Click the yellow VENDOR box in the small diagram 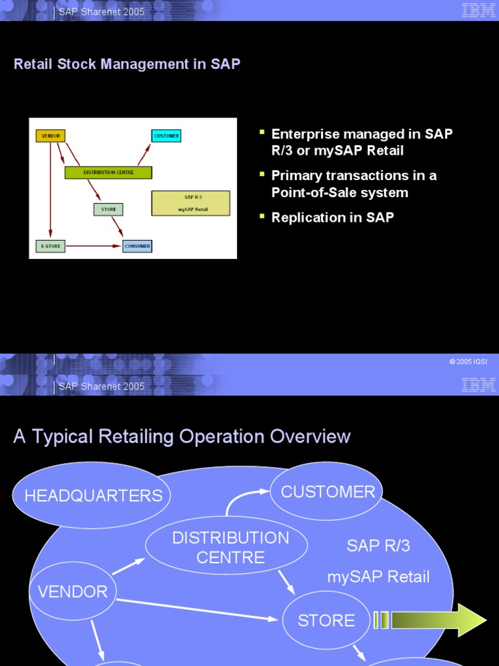click(x=51, y=137)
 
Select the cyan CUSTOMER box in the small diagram click(x=166, y=136)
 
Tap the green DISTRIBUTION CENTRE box click(x=109, y=172)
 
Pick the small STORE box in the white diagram click(x=108, y=209)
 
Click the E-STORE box click(x=50, y=246)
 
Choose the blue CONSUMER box click(x=137, y=246)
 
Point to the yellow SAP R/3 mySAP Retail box click(x=190, y=203)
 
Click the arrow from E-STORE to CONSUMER click(x=94, y=246)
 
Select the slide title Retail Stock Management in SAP click(x=127, y=64)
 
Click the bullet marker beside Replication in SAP click(x=262, y=215)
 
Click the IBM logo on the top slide click(x=478, y=10)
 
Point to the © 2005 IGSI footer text click(x=468, y=362)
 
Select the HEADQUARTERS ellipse click(x=92, y=496)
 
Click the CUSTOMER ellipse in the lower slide click(x=327, y=492)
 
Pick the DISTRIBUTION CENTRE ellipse click(x=218, y=547)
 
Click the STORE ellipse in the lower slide click(x=326, y=620)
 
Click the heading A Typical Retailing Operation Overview click(x=182, y=436)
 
